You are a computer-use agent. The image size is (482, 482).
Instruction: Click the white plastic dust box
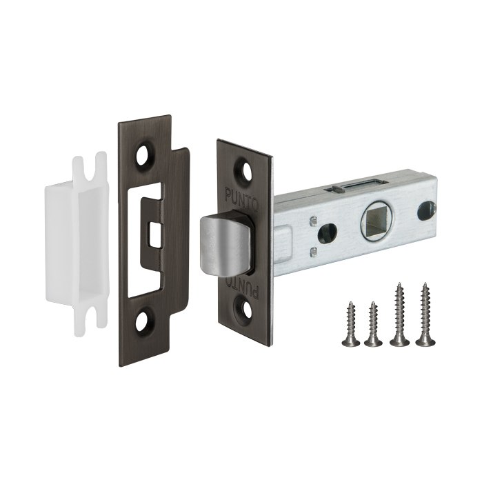tap(77, 243)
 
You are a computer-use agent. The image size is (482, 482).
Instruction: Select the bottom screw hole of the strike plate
tap(141, 321)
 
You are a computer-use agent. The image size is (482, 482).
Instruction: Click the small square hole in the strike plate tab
tap(155, 234)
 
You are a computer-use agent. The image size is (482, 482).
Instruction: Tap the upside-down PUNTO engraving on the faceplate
tap(243, 286)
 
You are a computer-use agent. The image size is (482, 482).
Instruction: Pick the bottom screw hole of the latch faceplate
tap(247, 308)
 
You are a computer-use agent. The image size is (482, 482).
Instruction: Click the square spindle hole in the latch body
tap(374, 221)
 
